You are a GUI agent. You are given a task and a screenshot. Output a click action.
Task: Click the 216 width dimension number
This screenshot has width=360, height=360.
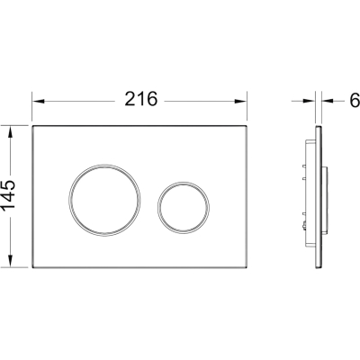pyautogui.click(x=141, y=99)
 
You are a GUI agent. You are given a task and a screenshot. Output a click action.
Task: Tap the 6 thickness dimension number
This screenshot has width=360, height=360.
pyautogui.click(x=355, y=101)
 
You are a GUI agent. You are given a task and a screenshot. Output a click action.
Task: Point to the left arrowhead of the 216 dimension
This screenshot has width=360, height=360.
pyautogui.click(x=39, y=101)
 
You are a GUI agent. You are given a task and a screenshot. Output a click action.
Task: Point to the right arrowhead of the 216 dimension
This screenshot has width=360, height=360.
pyautogui.click(x=240, y=101)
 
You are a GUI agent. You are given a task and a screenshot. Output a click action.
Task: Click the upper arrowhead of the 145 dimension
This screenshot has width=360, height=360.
pyautogui.click(x=11, y=131)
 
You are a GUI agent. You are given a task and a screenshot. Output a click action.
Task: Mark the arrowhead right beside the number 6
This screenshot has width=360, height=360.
pyautogui.click(x=328, y=101)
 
